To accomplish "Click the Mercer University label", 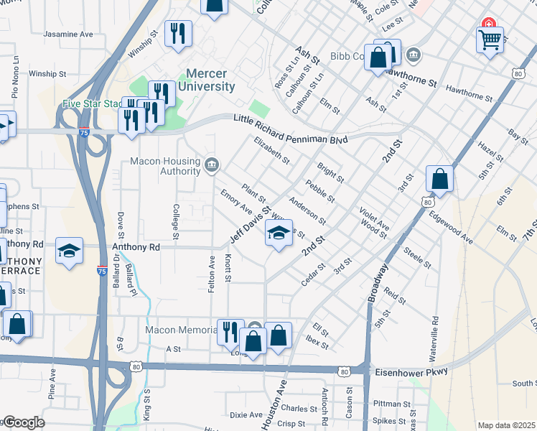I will tap(210, 80).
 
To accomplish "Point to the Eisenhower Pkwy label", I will tap(411, 371).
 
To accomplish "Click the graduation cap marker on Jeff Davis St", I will tap(279, 233).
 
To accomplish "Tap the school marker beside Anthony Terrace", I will tap(68, 251).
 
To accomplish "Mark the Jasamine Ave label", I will tap(68, 34).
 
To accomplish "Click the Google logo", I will tap(23, 422).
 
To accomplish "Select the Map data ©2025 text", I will tap(506, 425).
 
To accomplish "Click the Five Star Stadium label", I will tap(93, 103).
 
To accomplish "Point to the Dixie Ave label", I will tap(246, 414).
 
